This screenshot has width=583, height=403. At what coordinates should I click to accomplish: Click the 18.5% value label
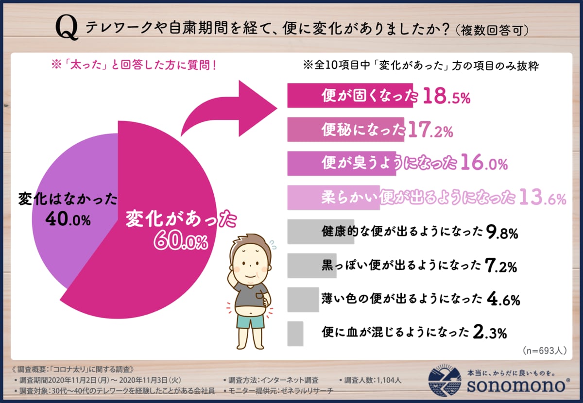(x=446, y=98)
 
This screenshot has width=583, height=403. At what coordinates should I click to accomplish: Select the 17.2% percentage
(x=430, y=130)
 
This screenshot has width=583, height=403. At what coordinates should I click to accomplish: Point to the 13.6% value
(x=542, y=198)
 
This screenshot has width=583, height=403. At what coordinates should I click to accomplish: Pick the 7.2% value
(x=500, y=266)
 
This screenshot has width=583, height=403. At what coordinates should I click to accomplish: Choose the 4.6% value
(x=503, y=300)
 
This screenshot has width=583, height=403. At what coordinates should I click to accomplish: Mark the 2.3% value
(x=490, y=333)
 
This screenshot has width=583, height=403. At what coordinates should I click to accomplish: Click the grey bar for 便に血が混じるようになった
(x=295, y=334)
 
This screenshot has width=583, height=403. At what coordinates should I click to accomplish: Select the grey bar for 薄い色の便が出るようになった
(x=303, y=300)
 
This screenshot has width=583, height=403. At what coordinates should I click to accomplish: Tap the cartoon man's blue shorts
(x=251, y=321)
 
